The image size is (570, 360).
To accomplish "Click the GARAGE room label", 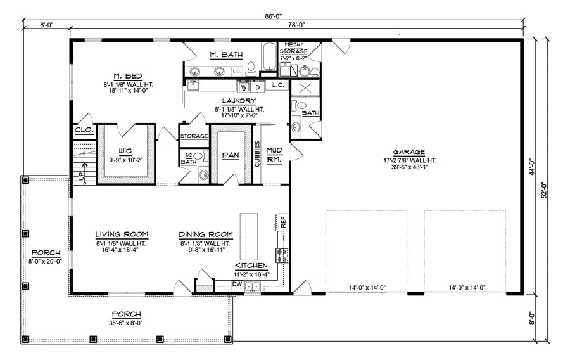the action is pos(409,152).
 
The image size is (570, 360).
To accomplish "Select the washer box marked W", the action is pos(244,87).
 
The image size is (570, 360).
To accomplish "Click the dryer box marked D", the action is pos(258,87).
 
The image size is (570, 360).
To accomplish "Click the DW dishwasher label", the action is pos(237,285).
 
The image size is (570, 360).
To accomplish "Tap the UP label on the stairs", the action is pos(80,176).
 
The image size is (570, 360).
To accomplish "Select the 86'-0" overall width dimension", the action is pos(274,16).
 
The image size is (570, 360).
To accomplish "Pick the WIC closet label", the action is pos(125,151).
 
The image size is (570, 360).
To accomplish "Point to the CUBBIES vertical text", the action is pos(257,154).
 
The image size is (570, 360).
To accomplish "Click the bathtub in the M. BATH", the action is pos(269,56).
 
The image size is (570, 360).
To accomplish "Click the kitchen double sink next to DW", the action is pos(252,286).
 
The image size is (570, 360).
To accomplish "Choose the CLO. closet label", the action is pos(84,130).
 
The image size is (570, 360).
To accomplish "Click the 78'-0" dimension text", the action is pos(296,25).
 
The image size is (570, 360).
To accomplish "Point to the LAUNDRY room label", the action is pos(239,101).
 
